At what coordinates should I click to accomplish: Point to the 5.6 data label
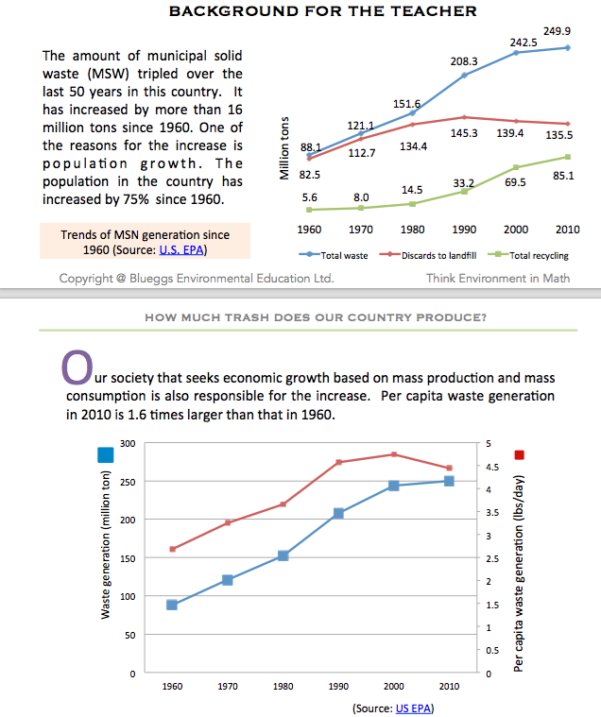(309, 197)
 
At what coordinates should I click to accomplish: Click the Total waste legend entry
(339, 255)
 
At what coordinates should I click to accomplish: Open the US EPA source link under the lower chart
(412, 708)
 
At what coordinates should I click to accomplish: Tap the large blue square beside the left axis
(106, 455)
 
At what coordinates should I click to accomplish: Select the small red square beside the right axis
(519, 455)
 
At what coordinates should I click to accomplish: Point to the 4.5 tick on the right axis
(489, 467)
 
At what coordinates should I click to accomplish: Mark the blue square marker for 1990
(338, 513)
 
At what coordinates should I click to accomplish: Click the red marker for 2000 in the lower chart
(394, 454)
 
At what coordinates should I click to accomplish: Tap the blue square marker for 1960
(172, 605)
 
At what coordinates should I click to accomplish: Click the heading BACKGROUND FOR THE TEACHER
(322, 11)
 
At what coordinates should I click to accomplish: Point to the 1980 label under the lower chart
(283, 687)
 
